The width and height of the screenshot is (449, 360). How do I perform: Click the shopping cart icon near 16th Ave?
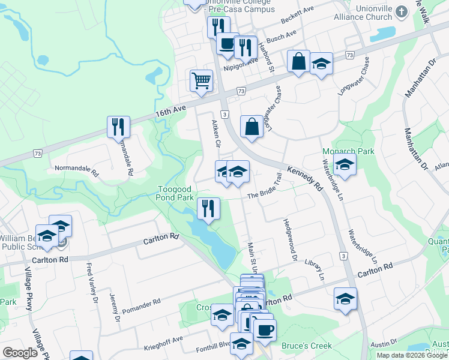pos(201,80)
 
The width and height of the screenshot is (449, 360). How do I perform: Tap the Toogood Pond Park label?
pos(175,193)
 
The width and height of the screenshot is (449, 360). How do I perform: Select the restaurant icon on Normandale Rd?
pos(118,127)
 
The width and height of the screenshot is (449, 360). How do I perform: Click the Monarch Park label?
pos(348,151)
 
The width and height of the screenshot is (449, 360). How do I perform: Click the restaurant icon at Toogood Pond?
pos(208,209)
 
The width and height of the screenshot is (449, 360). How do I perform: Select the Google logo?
pos(20,353)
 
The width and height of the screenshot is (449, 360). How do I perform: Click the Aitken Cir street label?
pos(217,134)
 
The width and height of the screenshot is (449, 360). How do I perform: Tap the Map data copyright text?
pos(412,355)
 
